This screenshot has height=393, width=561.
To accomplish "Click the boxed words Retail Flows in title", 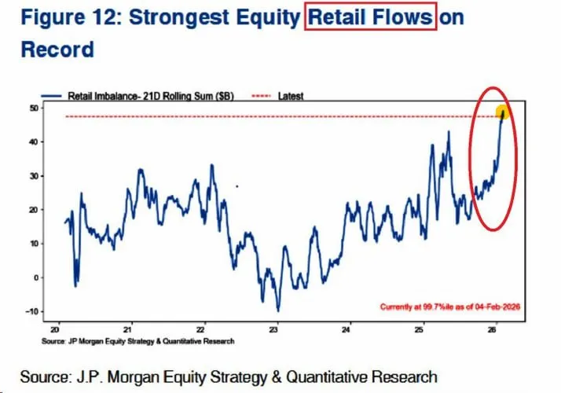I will pos(368,18).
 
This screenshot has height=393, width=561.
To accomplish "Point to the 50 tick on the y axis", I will pos(35,108).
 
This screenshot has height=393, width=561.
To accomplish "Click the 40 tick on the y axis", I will pos(35,142).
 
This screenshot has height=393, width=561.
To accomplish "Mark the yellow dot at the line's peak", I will pos(503,112).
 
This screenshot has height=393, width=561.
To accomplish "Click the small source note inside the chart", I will pos(138,341).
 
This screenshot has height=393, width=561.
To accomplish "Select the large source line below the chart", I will pos(228,375).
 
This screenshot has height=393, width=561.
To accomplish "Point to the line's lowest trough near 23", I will pos(277,310).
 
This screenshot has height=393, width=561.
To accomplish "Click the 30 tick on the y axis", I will pos(35,176).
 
